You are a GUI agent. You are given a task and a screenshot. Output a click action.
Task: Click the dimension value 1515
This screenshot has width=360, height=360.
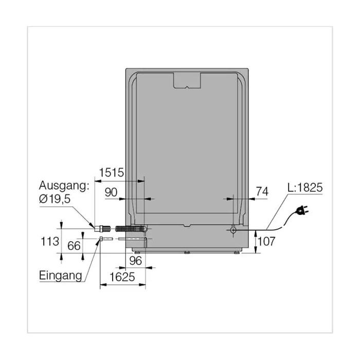[112, 172]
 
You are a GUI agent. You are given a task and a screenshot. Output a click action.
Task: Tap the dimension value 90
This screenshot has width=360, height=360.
[111, 192]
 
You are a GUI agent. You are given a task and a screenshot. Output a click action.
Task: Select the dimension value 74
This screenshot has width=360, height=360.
[262, 191]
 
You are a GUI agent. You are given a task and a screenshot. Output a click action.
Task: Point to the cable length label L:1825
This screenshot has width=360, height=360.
[305, 188]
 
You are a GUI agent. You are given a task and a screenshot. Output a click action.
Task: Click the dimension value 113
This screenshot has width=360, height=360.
[50, 242]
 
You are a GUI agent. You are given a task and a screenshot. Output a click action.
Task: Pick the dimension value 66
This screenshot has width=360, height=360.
[74, 246]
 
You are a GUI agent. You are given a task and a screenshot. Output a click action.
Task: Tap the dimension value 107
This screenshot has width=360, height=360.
[266, 241]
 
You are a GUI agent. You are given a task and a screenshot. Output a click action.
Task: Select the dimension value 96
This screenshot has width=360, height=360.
[135, 261]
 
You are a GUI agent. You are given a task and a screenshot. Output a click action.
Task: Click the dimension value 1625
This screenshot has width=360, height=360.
[122, 277]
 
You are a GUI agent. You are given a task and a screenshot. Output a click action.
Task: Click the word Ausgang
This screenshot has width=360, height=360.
[62, 186]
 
